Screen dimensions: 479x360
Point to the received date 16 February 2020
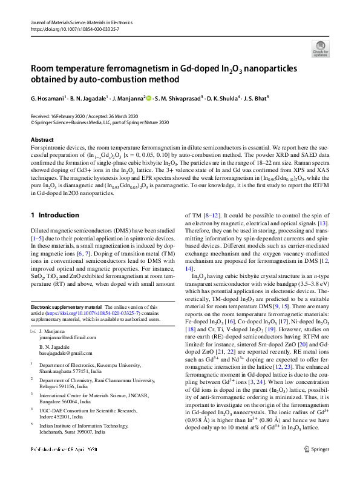coord(71,115)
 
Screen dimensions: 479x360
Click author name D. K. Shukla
coord(221,97)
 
